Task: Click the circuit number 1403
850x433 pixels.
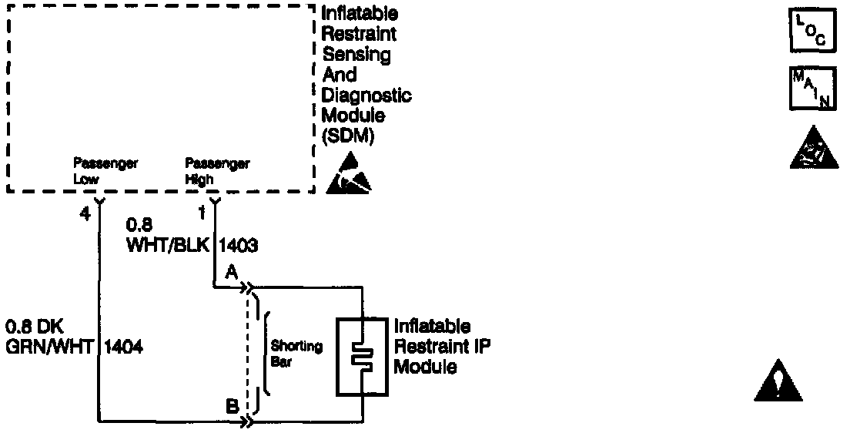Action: (x=239, y=247)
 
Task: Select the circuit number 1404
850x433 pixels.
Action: (x=123, y=347)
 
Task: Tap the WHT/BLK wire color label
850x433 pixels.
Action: (x=168, y=247)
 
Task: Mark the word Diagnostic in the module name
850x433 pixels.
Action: (x=366, y=96)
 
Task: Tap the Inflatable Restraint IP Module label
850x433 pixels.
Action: (x=441, y=347)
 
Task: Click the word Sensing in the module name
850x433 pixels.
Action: (x=356, y=55)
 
